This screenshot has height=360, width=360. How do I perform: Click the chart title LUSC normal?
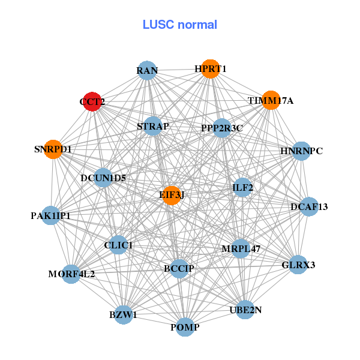(x=180, y=25)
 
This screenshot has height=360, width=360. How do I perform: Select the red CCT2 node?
(x=92, y=101)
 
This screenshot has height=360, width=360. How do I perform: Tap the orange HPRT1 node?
(x=209, y=69)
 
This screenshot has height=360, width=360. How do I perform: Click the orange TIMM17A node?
(x=271, y=100)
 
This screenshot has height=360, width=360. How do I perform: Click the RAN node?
(x=147, y=71)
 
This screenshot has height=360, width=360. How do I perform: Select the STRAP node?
(x=154, y=126)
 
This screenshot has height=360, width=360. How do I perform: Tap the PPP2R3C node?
(x=222, y=127)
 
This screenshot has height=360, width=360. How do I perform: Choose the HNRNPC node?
(x=301, y=151)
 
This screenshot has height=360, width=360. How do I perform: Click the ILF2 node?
(x=242, y=188)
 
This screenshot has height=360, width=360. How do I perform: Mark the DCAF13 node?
(x=309, y=207)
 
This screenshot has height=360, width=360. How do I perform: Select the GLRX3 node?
(x=298, y=264)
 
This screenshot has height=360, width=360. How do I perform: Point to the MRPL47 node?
(x=241, y=248)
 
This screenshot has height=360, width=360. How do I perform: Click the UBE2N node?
(x=245, y=310)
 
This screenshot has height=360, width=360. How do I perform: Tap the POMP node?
(x=185, y=327)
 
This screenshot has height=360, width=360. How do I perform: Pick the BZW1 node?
(x=123, y=314)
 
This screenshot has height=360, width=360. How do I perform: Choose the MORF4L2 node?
(x=71, y=274)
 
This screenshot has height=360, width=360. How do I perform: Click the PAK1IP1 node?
(x=50, y=215)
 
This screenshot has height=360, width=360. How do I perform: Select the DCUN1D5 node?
(x=103, y=178)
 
